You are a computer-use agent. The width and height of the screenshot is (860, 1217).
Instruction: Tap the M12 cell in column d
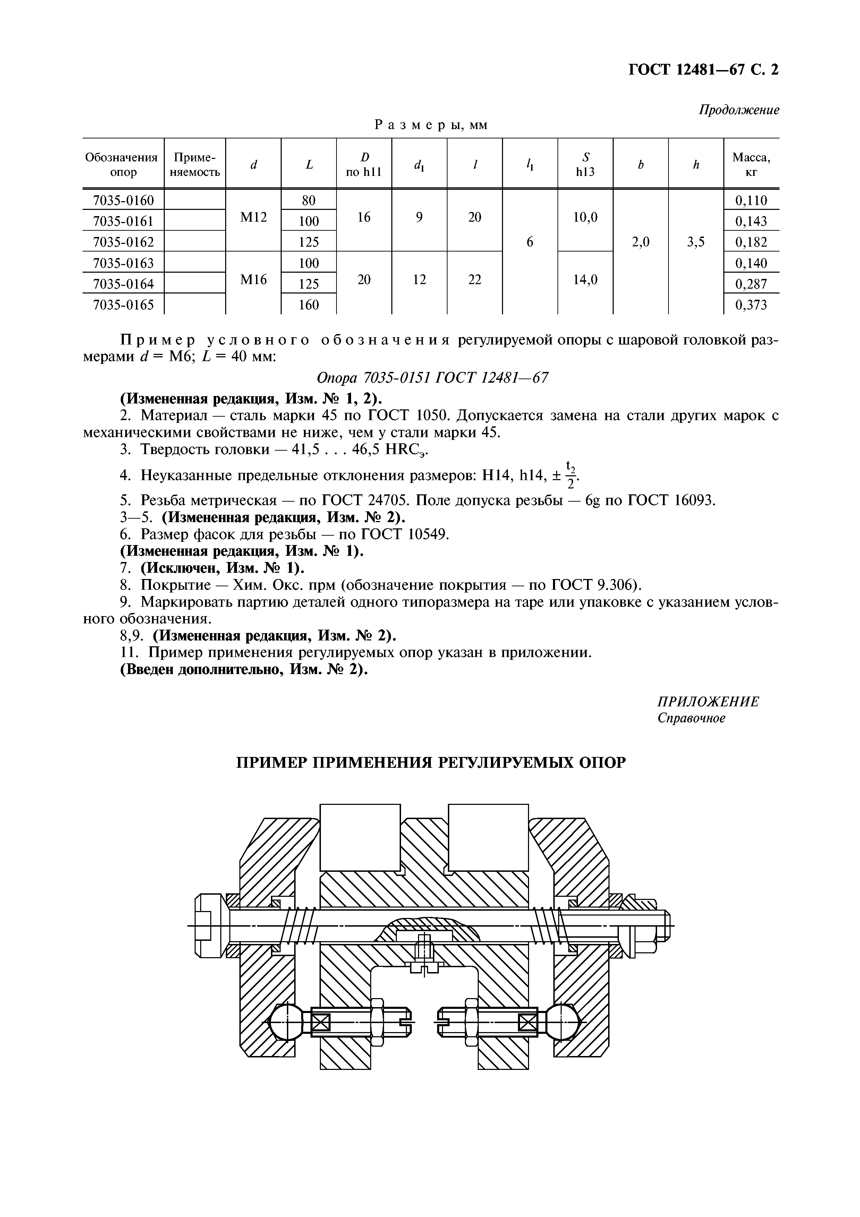tap(253, 217)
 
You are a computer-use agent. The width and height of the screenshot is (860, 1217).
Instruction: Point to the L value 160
tap(309, 305)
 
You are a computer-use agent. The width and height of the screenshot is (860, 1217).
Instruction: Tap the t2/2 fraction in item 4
tap(571, 475)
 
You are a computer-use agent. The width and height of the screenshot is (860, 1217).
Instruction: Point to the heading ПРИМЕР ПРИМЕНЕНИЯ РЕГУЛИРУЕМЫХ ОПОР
tap(430, 763)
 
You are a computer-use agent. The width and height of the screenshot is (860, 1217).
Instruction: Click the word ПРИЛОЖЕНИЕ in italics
tap(708, 702)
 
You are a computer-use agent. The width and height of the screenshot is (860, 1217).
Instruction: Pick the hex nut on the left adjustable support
tap(377, 1022)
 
